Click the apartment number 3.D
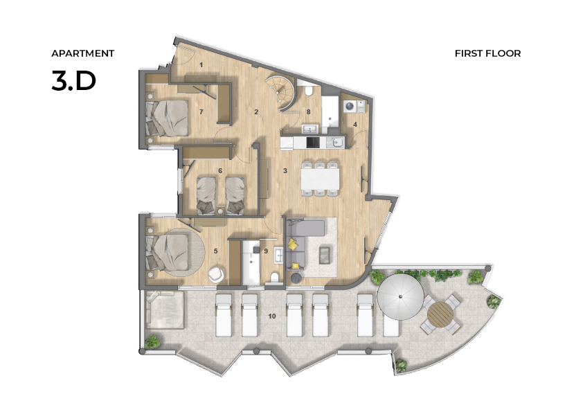click(73, 81)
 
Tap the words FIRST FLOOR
click(487, 53)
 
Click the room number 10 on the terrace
click(272, 316)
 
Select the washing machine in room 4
click(350, 107)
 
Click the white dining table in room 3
click(320, 179)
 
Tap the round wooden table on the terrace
click(440, 314)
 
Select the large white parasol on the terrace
click(400, 296)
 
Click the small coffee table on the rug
click(324, 255)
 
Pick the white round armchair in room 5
click(216, 275)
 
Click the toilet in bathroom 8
click(309, 91)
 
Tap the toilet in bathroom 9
click(275, 278)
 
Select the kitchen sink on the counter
click(338, 142)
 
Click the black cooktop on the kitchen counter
click(313, 142)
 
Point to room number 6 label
click(220, 170)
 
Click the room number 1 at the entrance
click(201, 65)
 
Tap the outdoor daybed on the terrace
click(165, 310)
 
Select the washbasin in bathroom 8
click(310, 129)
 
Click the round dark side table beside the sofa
click(296, 278)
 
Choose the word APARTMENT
click(82, 53)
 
